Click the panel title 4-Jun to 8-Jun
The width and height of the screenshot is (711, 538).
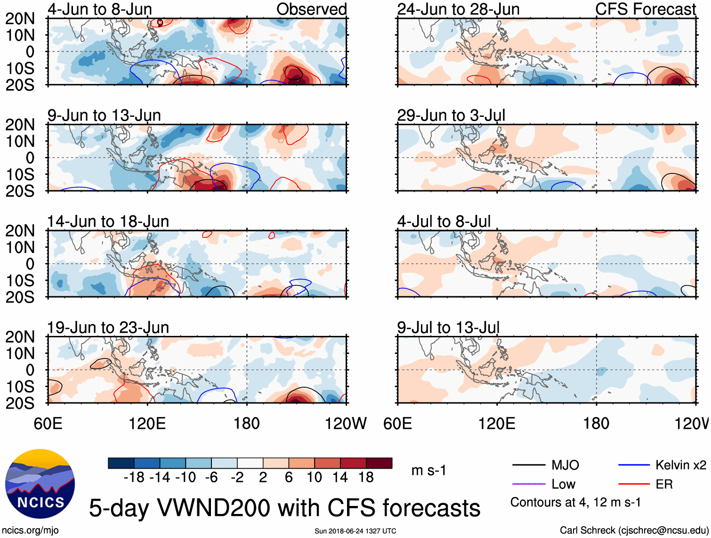pos(100,9)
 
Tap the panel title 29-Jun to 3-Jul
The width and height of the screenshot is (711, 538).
pos(451,115)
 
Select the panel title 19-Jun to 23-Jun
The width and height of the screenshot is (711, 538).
pos(108,327)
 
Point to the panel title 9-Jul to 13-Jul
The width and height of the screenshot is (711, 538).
pos(448,327)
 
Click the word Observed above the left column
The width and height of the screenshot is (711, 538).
pos(311,9)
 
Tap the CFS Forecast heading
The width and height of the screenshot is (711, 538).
pos(645,9)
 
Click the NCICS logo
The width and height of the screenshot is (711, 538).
pos(40,484)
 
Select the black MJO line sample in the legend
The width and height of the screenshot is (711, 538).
pos(529,465)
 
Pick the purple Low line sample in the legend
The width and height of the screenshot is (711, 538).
pos(529,484)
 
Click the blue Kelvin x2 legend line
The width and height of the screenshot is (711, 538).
pos(634,465)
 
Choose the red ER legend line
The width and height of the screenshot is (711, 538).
pos(634,484)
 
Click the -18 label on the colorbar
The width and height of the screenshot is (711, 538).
pos(134,478)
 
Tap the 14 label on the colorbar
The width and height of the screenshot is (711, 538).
pos(340,478)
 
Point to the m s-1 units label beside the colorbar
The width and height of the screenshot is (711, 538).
pos(428,471)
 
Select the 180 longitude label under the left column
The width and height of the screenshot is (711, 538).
pos(247,424)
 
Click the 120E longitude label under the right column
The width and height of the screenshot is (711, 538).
pos(497,424)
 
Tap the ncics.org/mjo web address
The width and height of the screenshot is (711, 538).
pos(30,530)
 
